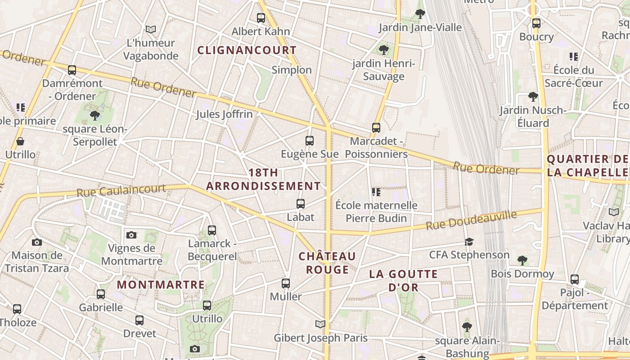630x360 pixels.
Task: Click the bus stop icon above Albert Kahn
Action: pos(261,18)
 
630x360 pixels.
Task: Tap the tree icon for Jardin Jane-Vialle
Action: pos(420,14)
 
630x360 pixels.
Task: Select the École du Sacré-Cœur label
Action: pos(573,76)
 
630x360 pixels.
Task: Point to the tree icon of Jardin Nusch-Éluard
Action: pos(533,97)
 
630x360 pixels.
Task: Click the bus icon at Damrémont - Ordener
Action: pos(72,70)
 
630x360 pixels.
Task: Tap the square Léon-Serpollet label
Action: pos(95,135)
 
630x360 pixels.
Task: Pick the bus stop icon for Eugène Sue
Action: pos(310,140)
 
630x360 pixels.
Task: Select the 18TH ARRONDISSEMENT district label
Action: pos(264,179)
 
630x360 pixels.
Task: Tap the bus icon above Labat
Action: pos(301,204)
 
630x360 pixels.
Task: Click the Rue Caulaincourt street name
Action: pos(121,191)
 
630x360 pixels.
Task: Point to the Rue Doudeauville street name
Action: pos(471,221)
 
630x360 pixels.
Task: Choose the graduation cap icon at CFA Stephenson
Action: pos(469,242)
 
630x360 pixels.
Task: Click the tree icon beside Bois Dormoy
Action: pos(522,260)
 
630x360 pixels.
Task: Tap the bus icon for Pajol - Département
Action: pos(575,279)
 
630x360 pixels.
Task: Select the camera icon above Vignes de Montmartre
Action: pos(131,235)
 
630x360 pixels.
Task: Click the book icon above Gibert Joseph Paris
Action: pos(320,324)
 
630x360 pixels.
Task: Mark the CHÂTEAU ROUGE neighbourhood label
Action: pos(327,263)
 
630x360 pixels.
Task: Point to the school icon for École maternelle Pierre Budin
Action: pos(376,192)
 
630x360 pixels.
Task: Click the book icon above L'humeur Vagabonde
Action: pos(151,29)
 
